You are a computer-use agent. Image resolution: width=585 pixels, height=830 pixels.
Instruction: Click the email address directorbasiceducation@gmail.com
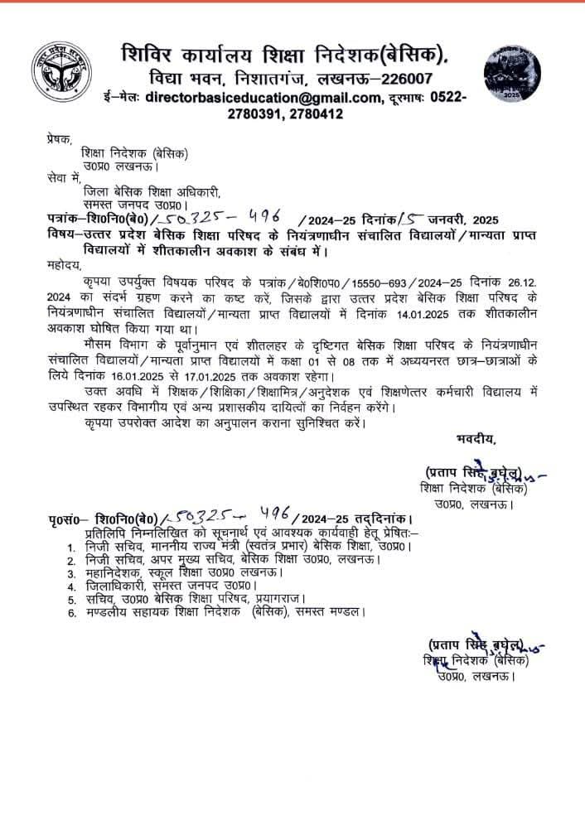262,98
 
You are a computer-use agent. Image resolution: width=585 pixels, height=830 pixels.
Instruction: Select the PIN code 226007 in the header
401,79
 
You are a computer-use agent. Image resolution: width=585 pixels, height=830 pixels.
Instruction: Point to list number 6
71,612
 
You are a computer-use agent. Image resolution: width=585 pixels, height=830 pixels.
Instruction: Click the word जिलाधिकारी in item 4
114,586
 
